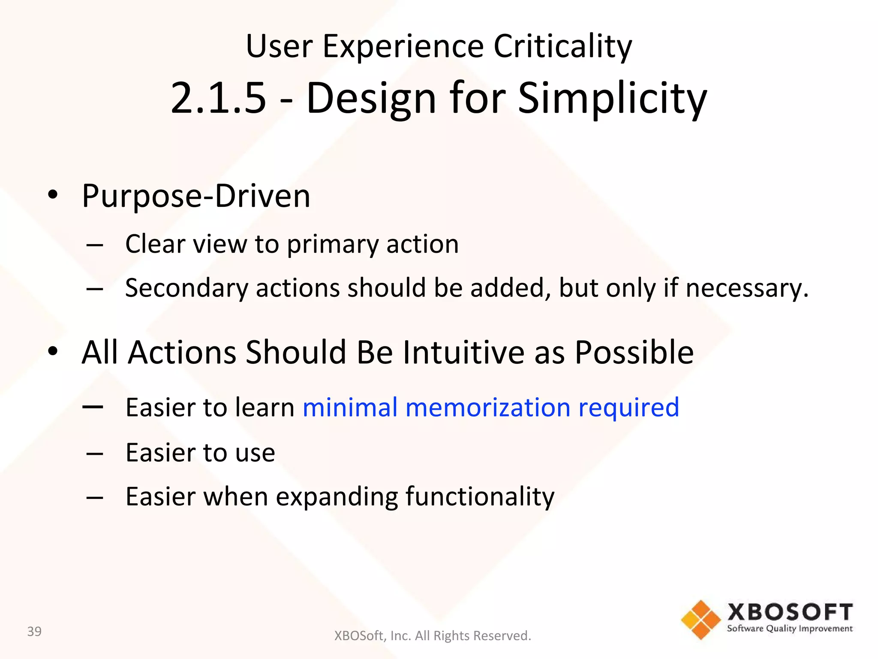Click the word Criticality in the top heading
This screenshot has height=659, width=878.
[x=562, y=46]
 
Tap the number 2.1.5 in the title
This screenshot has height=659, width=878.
[x=218, y=98]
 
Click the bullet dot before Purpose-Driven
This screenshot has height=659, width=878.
[x=53, y=195]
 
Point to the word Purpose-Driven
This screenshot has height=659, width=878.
[x=196, y=196]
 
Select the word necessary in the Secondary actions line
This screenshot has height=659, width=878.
[x=746, y=288]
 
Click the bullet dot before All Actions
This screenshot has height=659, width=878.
[x=53, y=351]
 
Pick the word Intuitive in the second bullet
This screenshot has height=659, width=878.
[x=463, y=352]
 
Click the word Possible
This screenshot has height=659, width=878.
[x=634, y=352]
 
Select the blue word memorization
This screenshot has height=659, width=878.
[x=488, y=407]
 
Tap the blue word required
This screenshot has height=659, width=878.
[x=628, y=408]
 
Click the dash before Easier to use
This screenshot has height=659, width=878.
[x=94, y=453]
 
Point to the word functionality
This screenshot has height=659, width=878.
[x=480, y=497]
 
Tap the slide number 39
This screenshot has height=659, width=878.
[x=34, y=632]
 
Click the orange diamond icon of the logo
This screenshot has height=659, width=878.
[x=701, y=620]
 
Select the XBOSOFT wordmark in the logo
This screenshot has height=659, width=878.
[x=790, y=612]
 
